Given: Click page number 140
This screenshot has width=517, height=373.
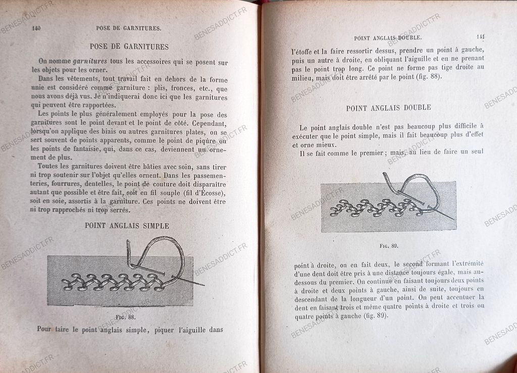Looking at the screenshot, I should (x=36, y=28).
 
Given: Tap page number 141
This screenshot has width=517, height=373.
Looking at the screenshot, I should (x=480, y=36).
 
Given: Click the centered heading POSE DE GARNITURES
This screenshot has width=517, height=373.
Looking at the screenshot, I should (x=129, y=46).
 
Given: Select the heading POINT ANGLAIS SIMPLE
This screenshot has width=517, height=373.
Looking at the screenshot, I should (x=127, y=226).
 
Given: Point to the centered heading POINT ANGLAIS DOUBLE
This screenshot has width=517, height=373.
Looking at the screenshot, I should (x=388, y=108).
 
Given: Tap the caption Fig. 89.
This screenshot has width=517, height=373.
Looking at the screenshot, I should (x=389, y=246).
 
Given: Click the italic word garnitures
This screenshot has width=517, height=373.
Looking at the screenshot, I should (x=90, y=62).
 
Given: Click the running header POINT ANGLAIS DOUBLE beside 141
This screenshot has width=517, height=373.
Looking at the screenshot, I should (x=388, y=38).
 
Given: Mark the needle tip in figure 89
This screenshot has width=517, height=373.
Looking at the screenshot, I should (x=452, y=219).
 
